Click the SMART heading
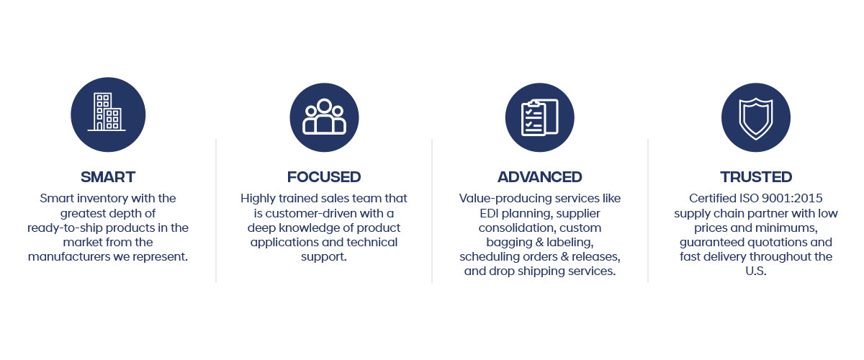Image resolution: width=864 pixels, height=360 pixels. pos(108,177)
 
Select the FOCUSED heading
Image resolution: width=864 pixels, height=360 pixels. pos(324,177)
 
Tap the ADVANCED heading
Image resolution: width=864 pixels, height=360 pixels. pos(539,177)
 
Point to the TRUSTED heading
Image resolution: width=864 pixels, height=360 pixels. pos(756,177)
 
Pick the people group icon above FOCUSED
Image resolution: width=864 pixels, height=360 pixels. pos(324,117)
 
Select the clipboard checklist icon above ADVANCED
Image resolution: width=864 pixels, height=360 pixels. pos(539,117)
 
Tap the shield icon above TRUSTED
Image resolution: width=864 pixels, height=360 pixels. pos(756,117)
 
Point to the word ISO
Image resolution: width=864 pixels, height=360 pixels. pos(748,198)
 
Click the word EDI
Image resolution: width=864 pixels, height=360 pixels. pos(489,213)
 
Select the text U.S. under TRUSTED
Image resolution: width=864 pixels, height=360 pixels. pos(756,271)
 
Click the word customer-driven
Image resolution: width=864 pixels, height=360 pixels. pos(311,213)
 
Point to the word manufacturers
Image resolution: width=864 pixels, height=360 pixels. pos(69,257)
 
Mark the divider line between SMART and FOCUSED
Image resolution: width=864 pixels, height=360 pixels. pos(216,211)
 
